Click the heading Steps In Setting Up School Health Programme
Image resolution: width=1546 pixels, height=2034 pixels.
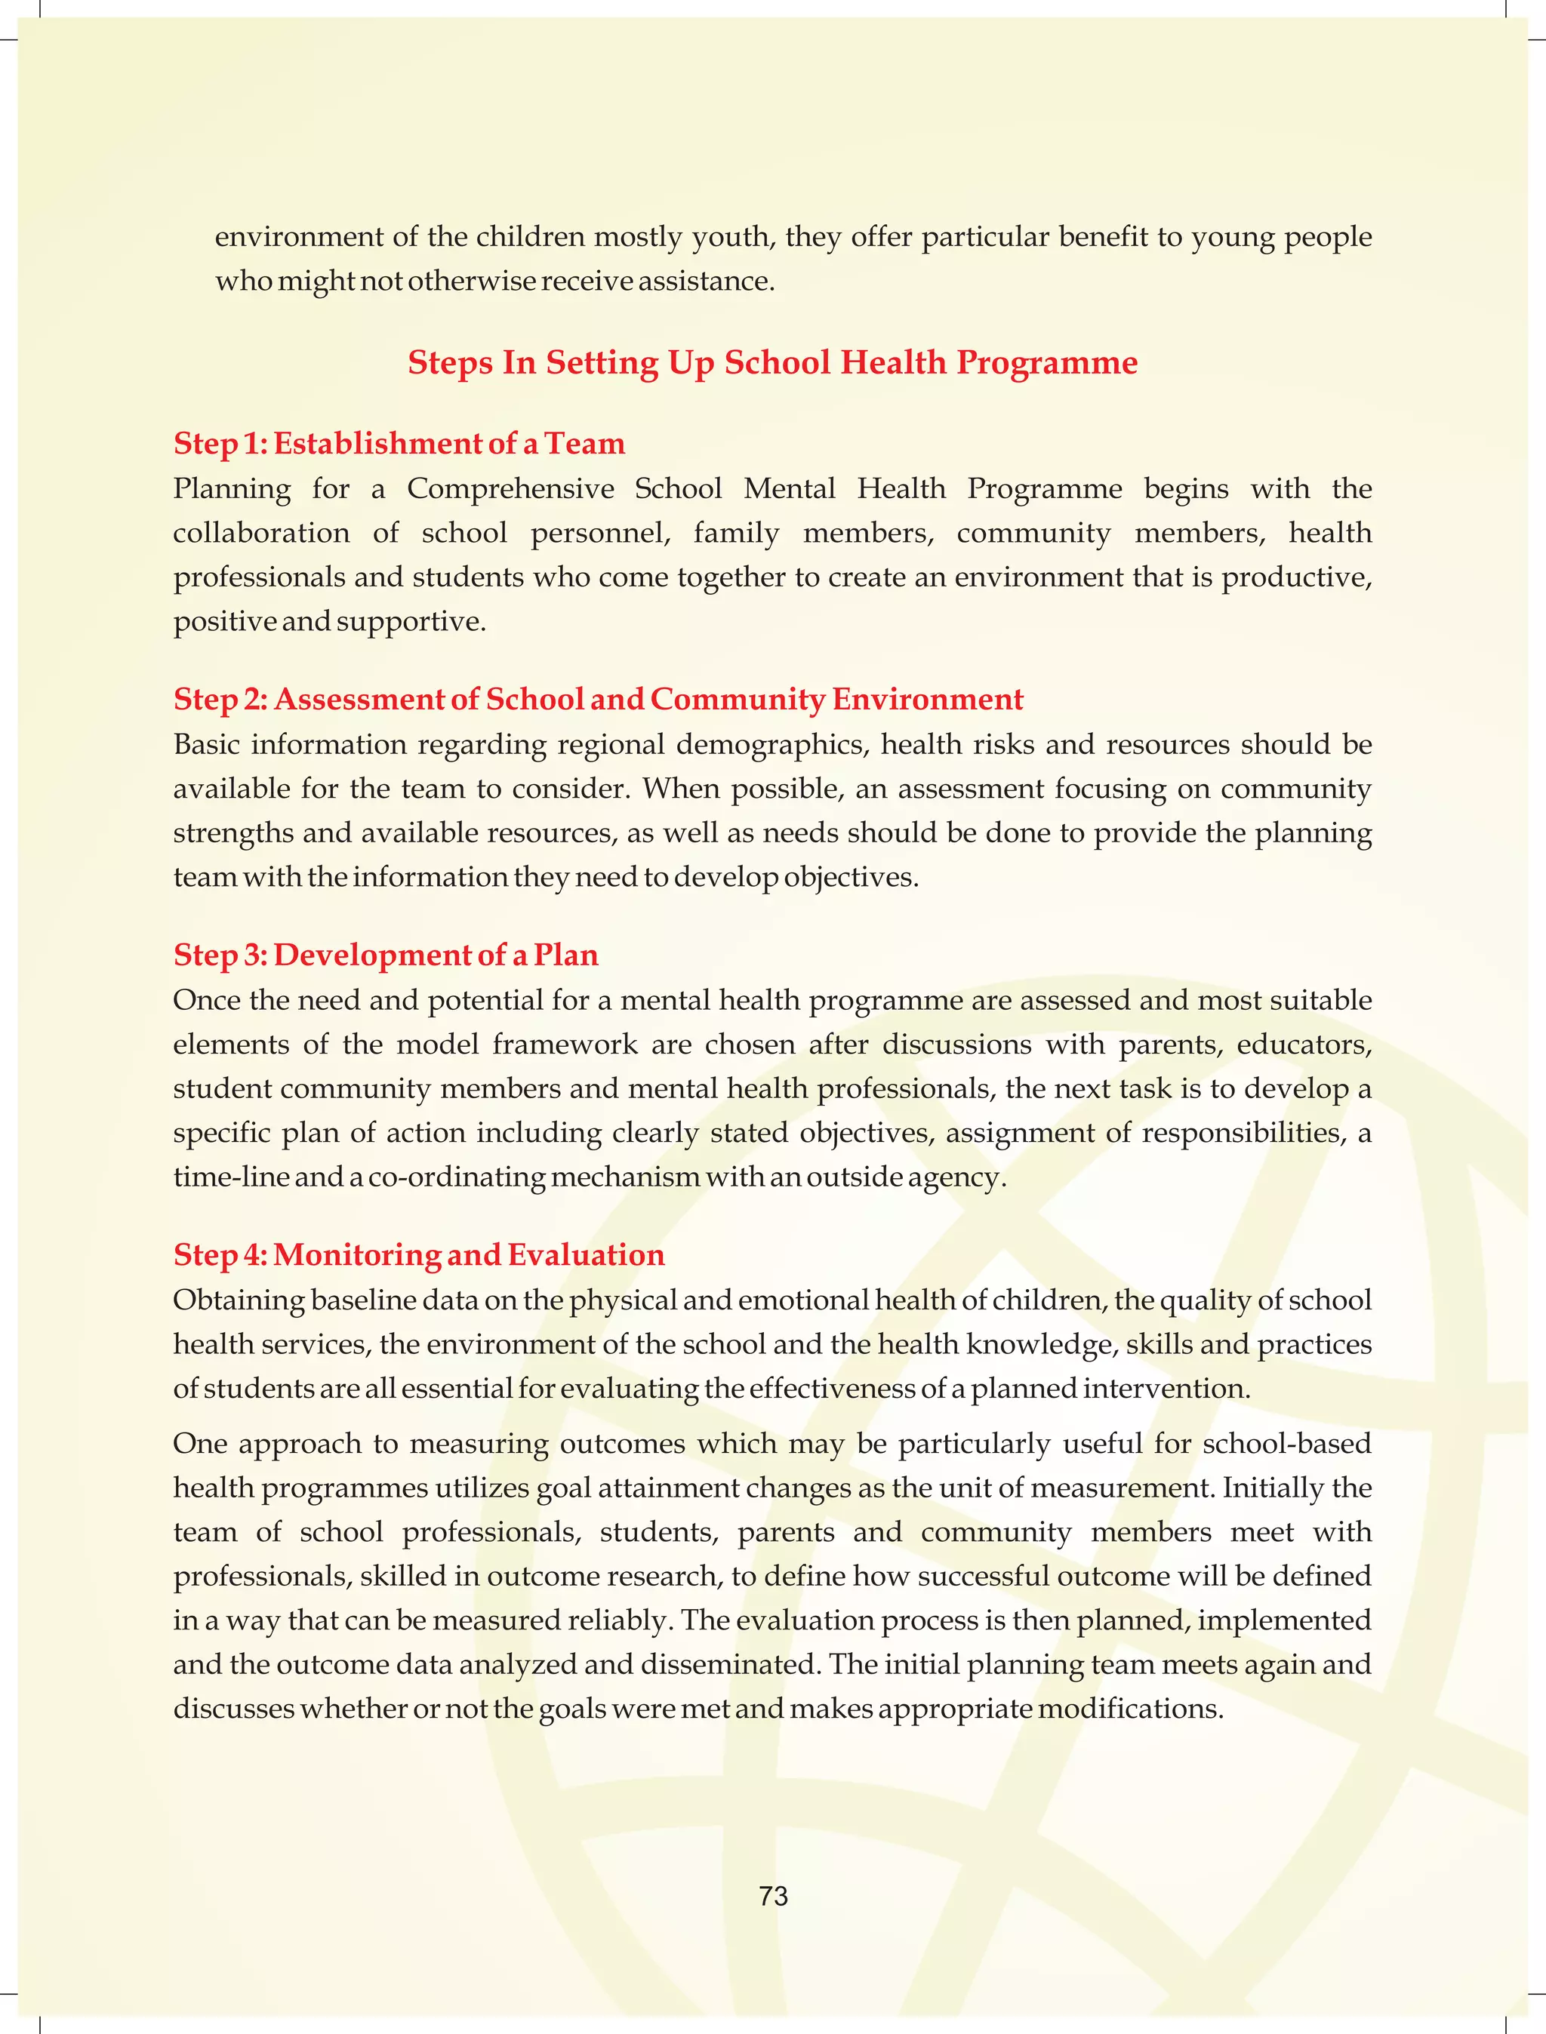(772, 362)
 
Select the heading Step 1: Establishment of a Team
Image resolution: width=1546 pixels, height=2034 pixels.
(399, 444)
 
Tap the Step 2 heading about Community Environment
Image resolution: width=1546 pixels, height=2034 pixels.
(597, 699)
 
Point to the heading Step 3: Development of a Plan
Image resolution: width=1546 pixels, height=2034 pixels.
(386, 955)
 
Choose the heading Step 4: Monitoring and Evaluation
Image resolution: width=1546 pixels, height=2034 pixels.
(419, 1255)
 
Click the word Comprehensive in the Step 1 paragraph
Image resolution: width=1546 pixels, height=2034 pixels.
(510, 488)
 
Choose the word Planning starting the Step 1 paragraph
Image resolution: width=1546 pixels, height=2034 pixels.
(231, 488)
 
